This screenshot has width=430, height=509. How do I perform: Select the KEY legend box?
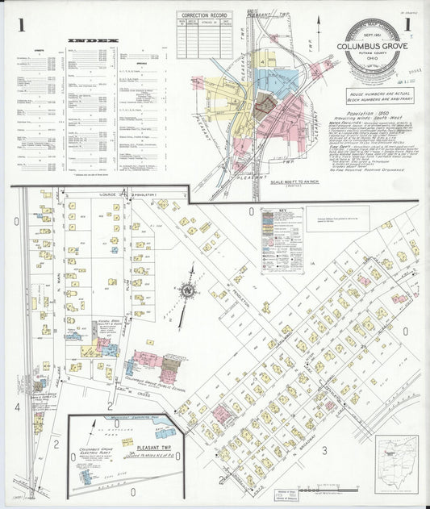coord(282,239)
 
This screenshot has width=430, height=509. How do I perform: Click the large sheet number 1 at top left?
coord(23,26)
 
